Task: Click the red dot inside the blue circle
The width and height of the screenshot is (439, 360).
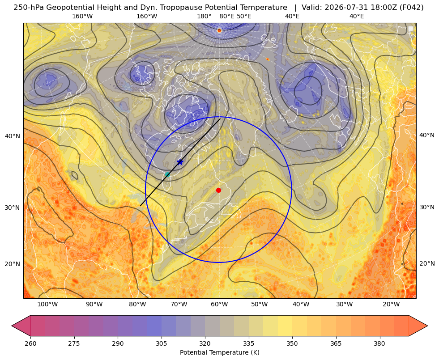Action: click(219, 190)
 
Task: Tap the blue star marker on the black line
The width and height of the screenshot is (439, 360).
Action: click(180, 162)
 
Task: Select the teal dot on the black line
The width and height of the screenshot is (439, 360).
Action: click(167, 174)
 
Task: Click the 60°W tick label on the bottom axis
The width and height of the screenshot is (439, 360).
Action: click(219, 305)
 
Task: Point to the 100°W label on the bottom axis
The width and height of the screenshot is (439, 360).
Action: click(47, 305)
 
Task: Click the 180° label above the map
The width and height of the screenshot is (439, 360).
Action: click(204, 16)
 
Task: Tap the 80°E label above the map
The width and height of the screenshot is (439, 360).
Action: click(226, 16)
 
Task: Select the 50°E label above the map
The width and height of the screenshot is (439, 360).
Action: click(244, 16)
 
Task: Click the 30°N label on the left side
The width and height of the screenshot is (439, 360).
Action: click(13, 208)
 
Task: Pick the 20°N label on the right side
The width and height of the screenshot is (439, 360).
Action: click(427, 263)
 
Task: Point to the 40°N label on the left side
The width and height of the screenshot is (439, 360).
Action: click(13, 136)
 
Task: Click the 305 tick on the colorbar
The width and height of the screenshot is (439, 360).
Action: click(162, 343)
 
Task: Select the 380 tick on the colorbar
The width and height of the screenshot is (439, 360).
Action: click(379, 343)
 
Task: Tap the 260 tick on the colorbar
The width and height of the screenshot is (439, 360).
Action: click(30, 343)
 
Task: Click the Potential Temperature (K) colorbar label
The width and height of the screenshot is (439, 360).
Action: click(219, 352)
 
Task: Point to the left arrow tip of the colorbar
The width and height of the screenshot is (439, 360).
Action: click(12, 326)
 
